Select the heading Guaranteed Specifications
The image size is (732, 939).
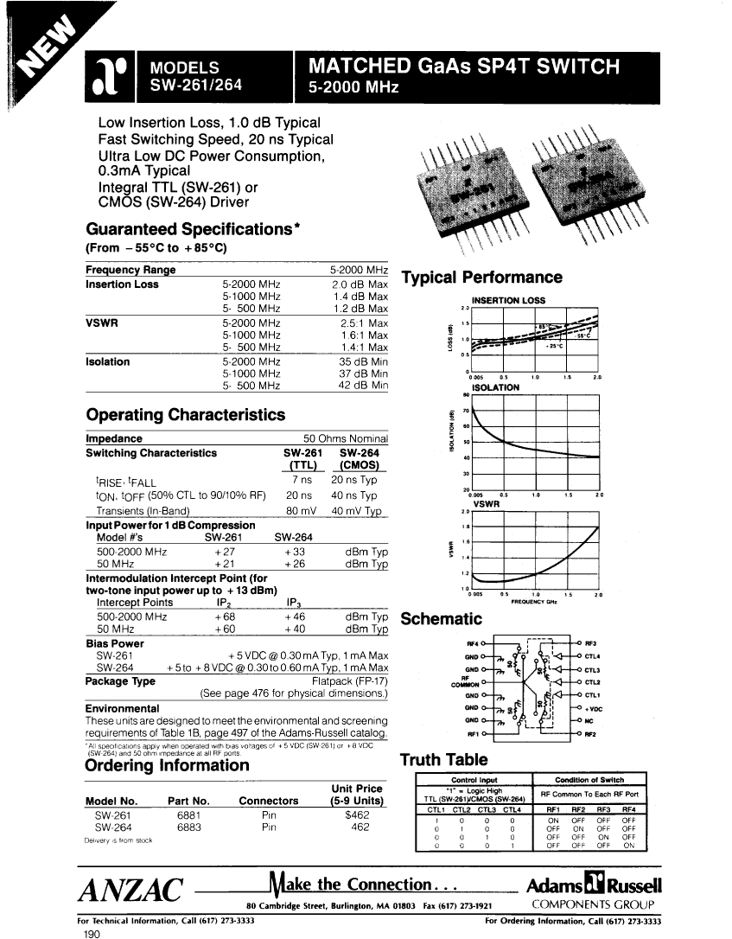191,230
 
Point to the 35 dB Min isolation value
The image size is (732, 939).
363,361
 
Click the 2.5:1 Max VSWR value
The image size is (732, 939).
365,323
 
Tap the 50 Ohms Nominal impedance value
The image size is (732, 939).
345,438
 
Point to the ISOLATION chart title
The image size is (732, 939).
492,387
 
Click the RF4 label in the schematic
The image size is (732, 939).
471,643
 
